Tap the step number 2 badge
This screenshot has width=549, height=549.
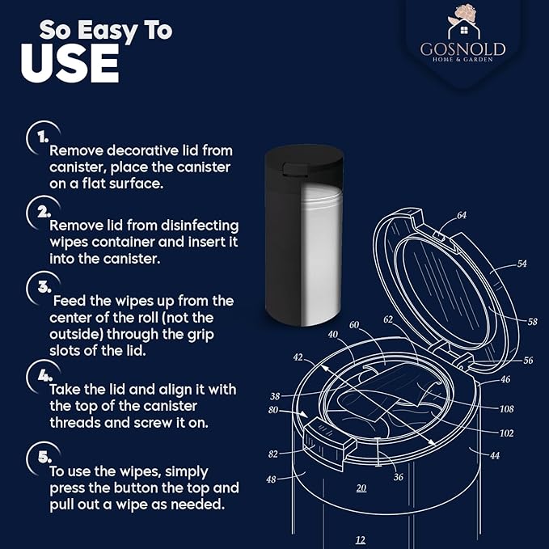point(38,210)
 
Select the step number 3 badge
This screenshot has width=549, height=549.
point(38,285)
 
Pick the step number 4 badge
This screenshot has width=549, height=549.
point(38,374)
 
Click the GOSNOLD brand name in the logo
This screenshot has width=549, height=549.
point(462,49)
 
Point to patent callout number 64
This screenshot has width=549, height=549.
point(461,216)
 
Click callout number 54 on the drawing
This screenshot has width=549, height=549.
point(522,264)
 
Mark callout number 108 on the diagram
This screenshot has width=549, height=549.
point(507,409)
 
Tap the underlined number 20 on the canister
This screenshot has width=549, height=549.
point(361,488)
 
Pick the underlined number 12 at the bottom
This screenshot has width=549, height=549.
point(360,539)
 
